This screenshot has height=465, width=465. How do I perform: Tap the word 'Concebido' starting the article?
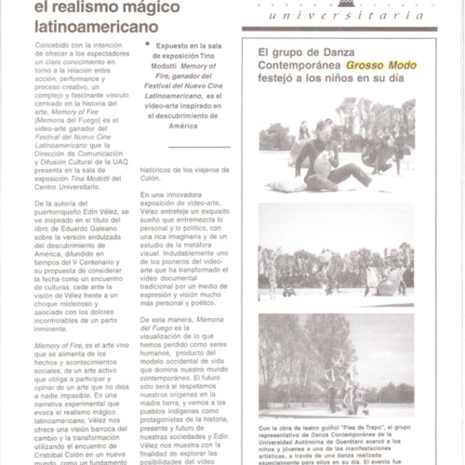tap(53, 45)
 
